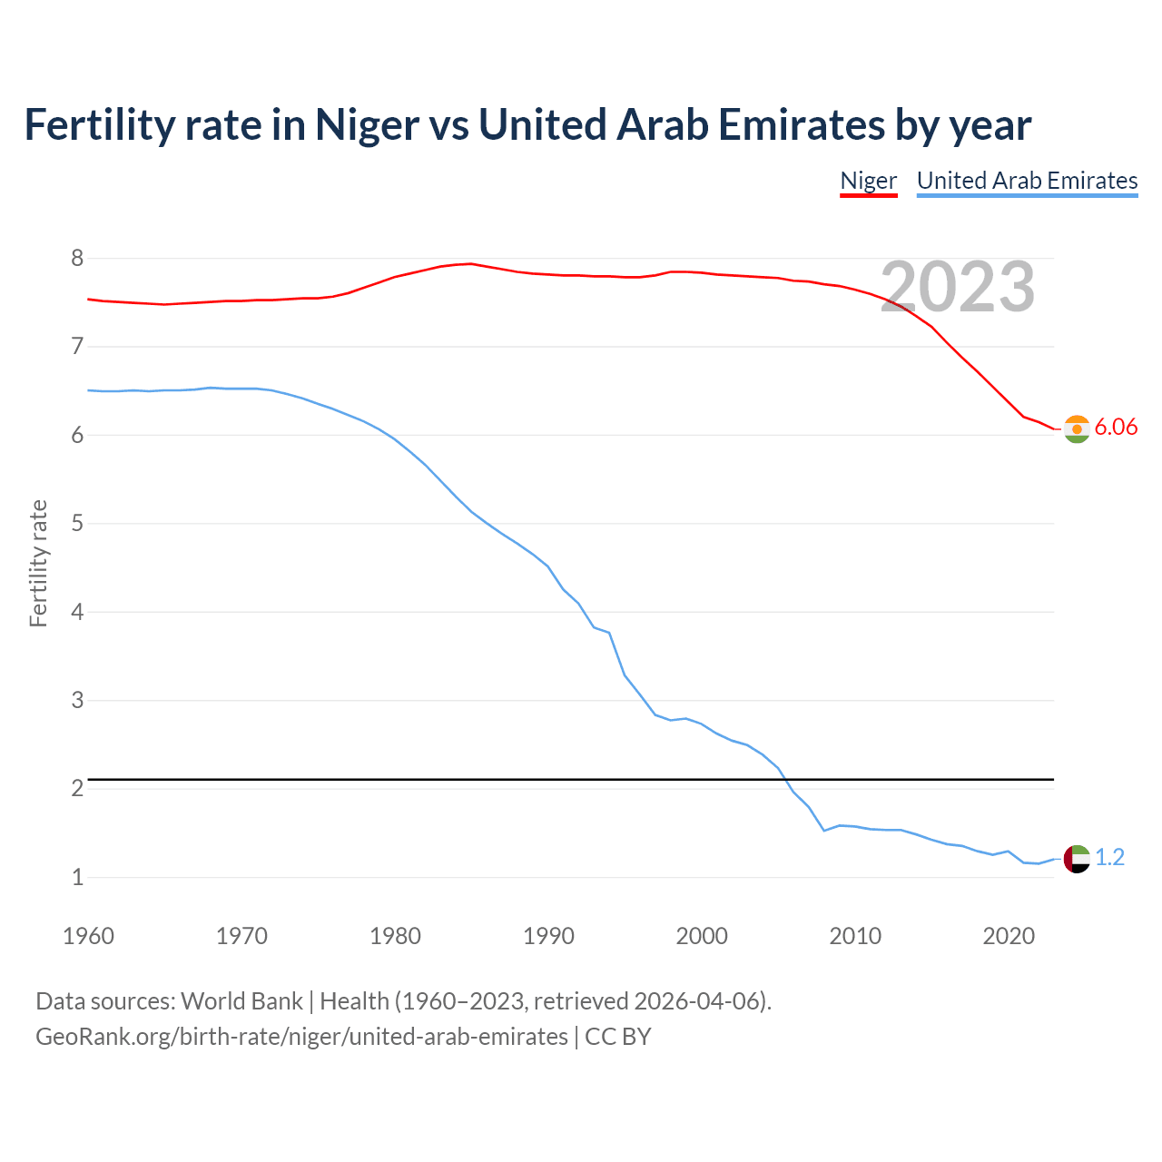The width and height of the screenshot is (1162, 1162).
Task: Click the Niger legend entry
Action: pos(868,181)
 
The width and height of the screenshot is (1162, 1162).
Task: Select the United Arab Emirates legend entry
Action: pos(1027,181)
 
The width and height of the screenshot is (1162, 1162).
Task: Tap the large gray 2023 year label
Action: pos(958,287)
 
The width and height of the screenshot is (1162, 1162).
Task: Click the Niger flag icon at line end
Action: pos(1077,428)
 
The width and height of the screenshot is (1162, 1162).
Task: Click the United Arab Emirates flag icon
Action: pos(1077,858)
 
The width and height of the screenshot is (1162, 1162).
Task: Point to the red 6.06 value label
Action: pos(1116,428)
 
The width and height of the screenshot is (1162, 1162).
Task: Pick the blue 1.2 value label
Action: pos(1109,857)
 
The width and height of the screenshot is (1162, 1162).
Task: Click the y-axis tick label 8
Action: pos(77,259)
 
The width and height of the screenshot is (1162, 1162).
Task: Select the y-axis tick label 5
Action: pos(77,524)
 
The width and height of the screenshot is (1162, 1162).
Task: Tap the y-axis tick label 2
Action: pos(77,789)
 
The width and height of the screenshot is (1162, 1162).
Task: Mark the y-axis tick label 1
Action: pos(77,878)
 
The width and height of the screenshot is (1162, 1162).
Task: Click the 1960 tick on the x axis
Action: pos(88,936)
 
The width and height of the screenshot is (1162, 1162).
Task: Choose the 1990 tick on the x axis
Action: pos(548,936)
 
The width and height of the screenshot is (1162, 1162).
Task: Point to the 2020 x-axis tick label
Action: pos(1009,936)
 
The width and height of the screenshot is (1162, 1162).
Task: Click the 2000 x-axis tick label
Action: pos(702,936)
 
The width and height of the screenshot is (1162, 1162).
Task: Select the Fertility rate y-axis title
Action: pos(38,564)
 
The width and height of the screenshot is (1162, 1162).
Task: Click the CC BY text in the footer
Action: pos(618,1037)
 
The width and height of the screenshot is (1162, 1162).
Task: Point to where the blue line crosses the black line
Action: pos(784,779)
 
